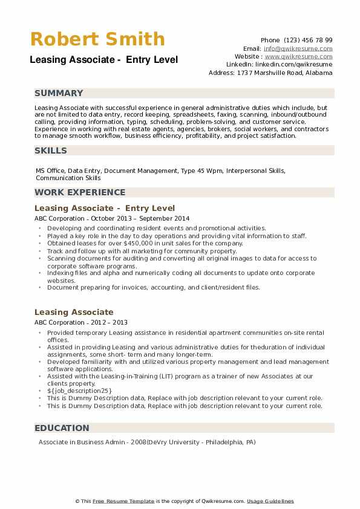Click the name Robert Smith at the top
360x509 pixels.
tap(97, 39)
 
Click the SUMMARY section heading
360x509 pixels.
tap(59, 93)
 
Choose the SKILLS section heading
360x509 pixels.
tap(51, 151)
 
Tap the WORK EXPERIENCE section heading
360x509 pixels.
tap(80, 192)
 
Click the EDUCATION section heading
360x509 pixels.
tap(62, 428)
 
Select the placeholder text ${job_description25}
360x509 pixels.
tap(79, 391)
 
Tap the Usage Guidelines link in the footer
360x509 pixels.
tap(270, 501)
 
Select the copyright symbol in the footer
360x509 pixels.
tap(77, 501)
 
